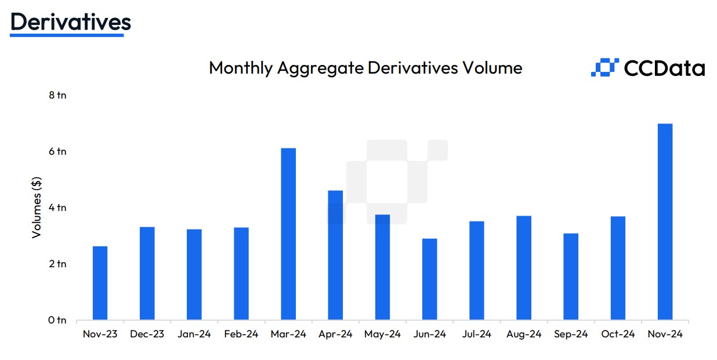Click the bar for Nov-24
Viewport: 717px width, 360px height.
[x=665, y=222]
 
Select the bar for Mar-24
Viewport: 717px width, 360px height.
[x=288, y=234]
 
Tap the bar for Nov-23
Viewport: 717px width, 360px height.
[x=100, y=283]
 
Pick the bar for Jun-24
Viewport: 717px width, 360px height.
[x=430, y=279]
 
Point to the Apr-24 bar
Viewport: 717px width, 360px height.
[x=335, y=255]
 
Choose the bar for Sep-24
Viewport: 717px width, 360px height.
[x=571, y=277]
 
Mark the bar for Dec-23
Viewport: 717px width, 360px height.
[x=147, y=274]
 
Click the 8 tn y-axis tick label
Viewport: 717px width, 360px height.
[x=57, y=95]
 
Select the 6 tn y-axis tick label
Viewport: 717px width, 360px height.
[x=57, y=151]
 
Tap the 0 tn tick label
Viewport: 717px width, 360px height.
[x=57, y=320]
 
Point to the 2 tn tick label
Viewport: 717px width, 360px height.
[x=57, y=264]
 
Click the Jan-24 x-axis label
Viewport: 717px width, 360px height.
[x=194, y=334]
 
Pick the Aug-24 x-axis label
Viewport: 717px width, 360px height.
[x=524, y=334]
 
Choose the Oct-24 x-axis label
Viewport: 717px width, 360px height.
[x=618, y=334]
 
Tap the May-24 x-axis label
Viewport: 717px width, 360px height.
[x=382, y=334]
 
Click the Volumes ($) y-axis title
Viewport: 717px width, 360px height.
[x=37, y=208]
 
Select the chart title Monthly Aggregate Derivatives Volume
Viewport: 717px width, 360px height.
[x=365, y=68]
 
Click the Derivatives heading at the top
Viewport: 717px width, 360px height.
[x=71, y=22]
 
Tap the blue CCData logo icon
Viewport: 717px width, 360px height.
[x=605, y=68]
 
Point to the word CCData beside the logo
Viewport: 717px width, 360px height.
[x=665, y=68]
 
